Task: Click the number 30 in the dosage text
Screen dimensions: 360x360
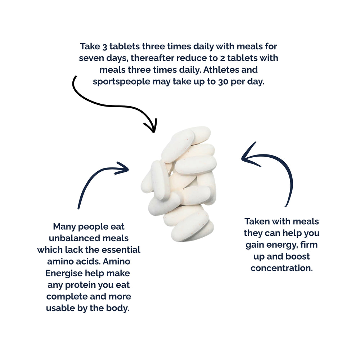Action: click(x=223, y=82)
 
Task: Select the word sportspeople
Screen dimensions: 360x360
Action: click(x=121, y=82)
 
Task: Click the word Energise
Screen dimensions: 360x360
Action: click(x=64, y=274)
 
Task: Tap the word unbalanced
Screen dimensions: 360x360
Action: click(x=75, y=238)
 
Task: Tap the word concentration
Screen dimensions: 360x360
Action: click(x=282, y=268)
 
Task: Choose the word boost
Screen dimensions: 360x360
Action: click(x=298, y=256)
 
